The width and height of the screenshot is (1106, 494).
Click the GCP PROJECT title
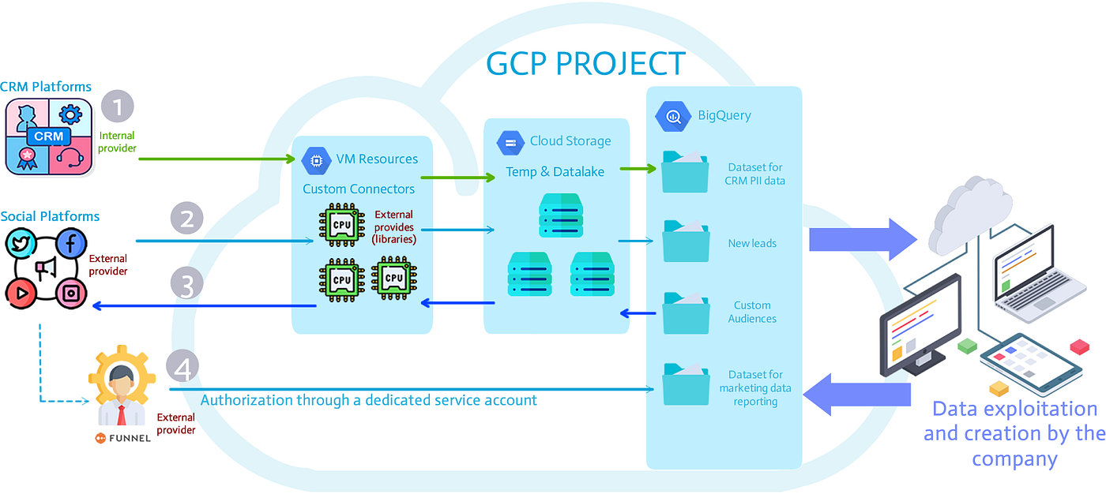pyautogui.click(x=585, y=63)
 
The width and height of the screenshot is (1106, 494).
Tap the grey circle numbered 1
pyautogui.click(x=118, y=107)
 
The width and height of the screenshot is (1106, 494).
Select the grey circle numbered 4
pyautogui.click(x=182, y=365)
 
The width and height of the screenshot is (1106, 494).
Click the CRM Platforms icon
pyautogui.click(x=50, y=137)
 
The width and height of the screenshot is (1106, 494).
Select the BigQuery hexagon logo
pyautogui.click(x=672, y=116)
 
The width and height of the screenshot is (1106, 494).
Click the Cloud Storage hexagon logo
pyautogui.click(x=510, y=143)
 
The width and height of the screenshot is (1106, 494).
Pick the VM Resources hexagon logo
pyautogui.click(x=316, y=160)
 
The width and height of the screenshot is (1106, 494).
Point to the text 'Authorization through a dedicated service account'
pyautogui.click(x=368, y=400)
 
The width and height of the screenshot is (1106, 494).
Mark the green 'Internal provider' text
pyautogui.click(x=117, y=142)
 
